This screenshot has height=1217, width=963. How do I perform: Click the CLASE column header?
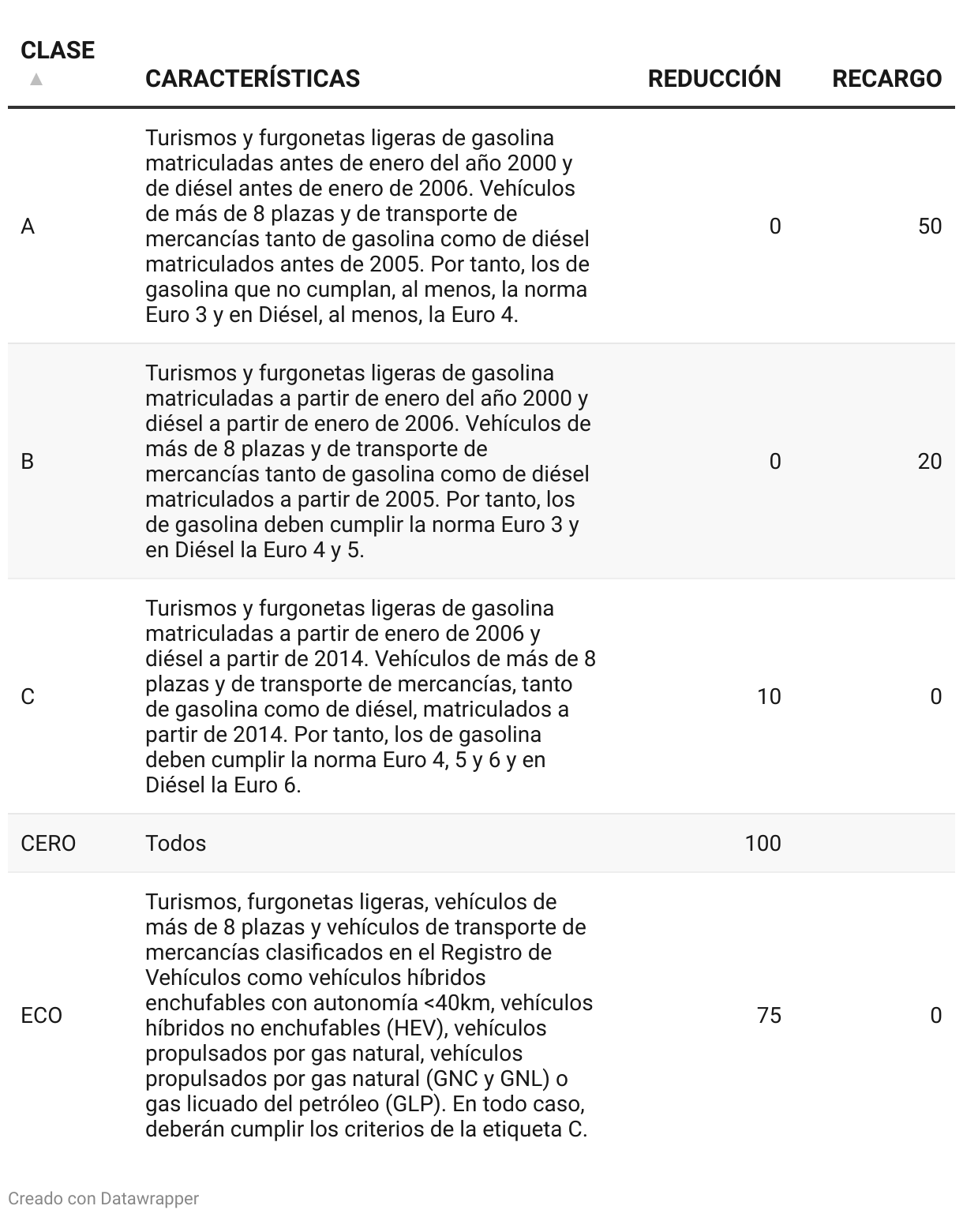click(57, 51)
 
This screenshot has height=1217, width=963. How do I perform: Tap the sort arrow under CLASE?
click(36, 79)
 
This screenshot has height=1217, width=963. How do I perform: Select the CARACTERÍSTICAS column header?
click(253, 79)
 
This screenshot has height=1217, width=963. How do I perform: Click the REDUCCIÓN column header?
click(714, 79)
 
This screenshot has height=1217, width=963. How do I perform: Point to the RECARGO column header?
click(886, 79)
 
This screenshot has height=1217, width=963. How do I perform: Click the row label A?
click(28, 227)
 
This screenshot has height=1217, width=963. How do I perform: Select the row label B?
click(28, 462)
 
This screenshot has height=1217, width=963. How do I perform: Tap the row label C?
click(28, 697)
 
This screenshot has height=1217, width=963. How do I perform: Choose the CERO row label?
click(48, 844)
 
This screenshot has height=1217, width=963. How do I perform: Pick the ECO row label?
click(41, 1016)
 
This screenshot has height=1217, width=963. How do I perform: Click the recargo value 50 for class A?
click(930, 227)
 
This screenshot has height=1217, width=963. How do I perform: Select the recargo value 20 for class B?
click(930, 461)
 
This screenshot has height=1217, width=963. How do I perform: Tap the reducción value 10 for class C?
click(769, 696)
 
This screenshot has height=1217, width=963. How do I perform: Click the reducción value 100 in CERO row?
click(763, 843)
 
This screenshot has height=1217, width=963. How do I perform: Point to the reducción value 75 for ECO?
click(769, 1015)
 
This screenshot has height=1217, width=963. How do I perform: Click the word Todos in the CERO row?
click(175, 844)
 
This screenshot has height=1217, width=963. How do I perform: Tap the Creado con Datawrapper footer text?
click(103, 1198)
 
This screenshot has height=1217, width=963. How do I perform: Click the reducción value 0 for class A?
click(775, 227)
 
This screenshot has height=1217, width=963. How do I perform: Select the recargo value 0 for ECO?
click(935, 1015)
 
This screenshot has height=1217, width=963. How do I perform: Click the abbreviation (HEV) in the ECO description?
click(418, 1028)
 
